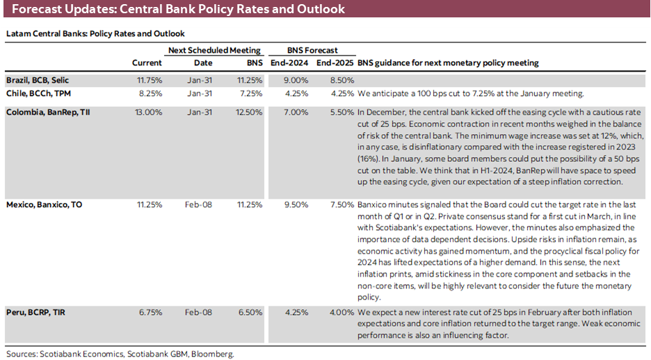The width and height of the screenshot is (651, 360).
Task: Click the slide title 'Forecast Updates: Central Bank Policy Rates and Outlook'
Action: pos(178,10)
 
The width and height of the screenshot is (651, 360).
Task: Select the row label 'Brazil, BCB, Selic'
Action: pos(39,79)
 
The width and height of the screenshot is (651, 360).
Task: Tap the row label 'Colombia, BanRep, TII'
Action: pos(45,111)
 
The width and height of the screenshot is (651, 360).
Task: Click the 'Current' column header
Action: pos(147,63)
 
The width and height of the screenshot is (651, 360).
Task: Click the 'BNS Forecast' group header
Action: pos(312,50)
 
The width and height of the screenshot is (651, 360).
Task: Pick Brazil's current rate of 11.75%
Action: pos(150,79)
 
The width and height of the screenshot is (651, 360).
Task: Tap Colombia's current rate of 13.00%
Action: pos(150,111)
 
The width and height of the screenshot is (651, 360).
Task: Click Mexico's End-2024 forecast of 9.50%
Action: pos(296,205)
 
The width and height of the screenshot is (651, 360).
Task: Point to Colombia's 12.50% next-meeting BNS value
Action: pos(249,111)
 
